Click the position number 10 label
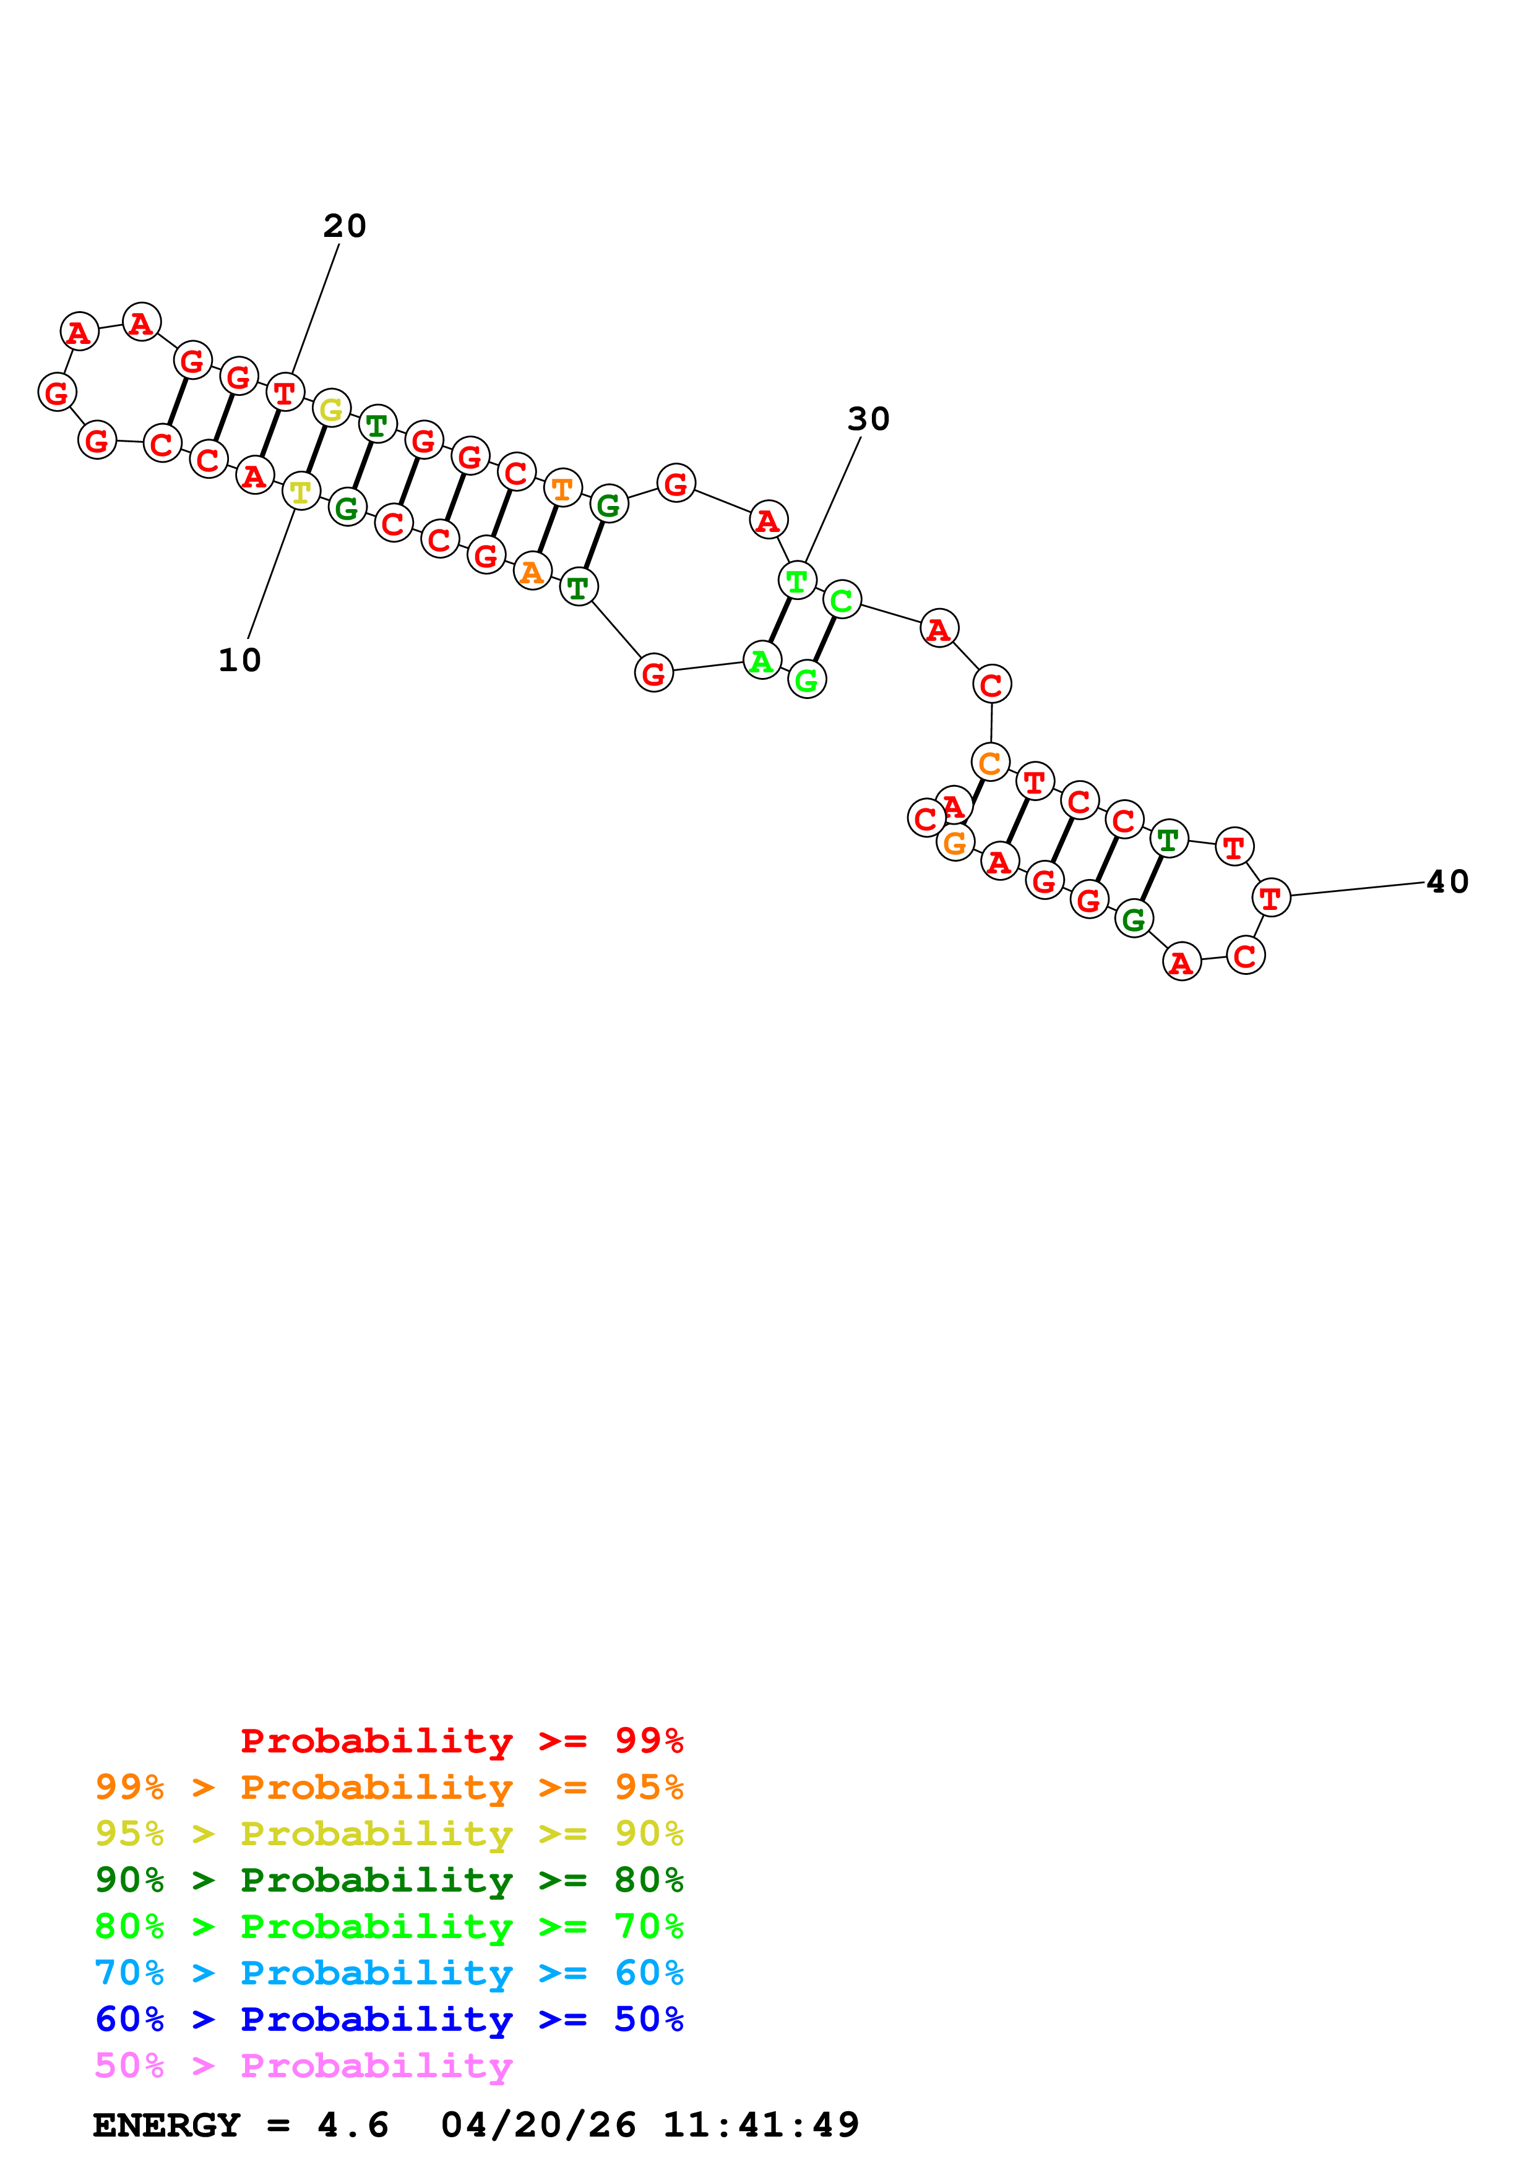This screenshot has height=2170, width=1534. pos(239,659)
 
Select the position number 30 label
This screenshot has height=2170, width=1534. pos(868,419)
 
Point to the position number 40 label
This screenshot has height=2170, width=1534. pos(1446,882)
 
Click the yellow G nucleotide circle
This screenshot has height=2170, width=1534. pos(331,410)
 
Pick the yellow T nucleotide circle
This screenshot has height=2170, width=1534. pos(301,491)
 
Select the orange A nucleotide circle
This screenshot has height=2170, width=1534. pos(532,571)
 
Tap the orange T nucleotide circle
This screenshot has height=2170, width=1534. pos(562,489)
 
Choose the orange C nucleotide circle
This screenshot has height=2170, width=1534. pos(989,761)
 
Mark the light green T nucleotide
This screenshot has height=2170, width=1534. pos(797,580)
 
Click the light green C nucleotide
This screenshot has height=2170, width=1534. pos(841,599)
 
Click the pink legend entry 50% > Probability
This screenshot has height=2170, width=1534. pos(303,2066)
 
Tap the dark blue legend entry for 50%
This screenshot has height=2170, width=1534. pos(389,2020)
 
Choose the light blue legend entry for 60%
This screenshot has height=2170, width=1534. pos(389,1973)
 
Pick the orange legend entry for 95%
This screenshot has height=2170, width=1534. pos(389,1787)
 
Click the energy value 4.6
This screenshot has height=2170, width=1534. pos(353,2125)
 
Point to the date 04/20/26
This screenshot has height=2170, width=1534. pos(538,2125)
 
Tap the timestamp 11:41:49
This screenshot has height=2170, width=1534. pos(761,2125)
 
